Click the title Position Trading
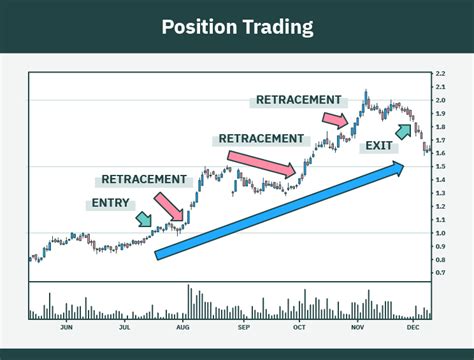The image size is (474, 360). [236, 26]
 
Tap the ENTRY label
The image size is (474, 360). [110, 203]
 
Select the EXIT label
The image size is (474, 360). [379, 146]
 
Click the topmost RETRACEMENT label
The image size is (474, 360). [299, 100]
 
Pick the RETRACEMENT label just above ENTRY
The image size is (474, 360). [144, 180]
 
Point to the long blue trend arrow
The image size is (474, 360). [280, 211]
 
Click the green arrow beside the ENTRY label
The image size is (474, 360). [144, 218]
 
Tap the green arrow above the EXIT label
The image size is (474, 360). [405, 130]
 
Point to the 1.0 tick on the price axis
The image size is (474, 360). [440, 233]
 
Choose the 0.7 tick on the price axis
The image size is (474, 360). [440, 272]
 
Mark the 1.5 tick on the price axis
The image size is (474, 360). [440, 167]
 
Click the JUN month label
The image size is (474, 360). [67, 327]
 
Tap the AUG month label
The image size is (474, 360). [183, 327]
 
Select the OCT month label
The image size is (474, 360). [299, 327]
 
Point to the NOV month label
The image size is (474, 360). [357, 327]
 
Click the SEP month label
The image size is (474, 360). [241, 327]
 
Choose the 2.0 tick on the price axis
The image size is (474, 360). [440, 101]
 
